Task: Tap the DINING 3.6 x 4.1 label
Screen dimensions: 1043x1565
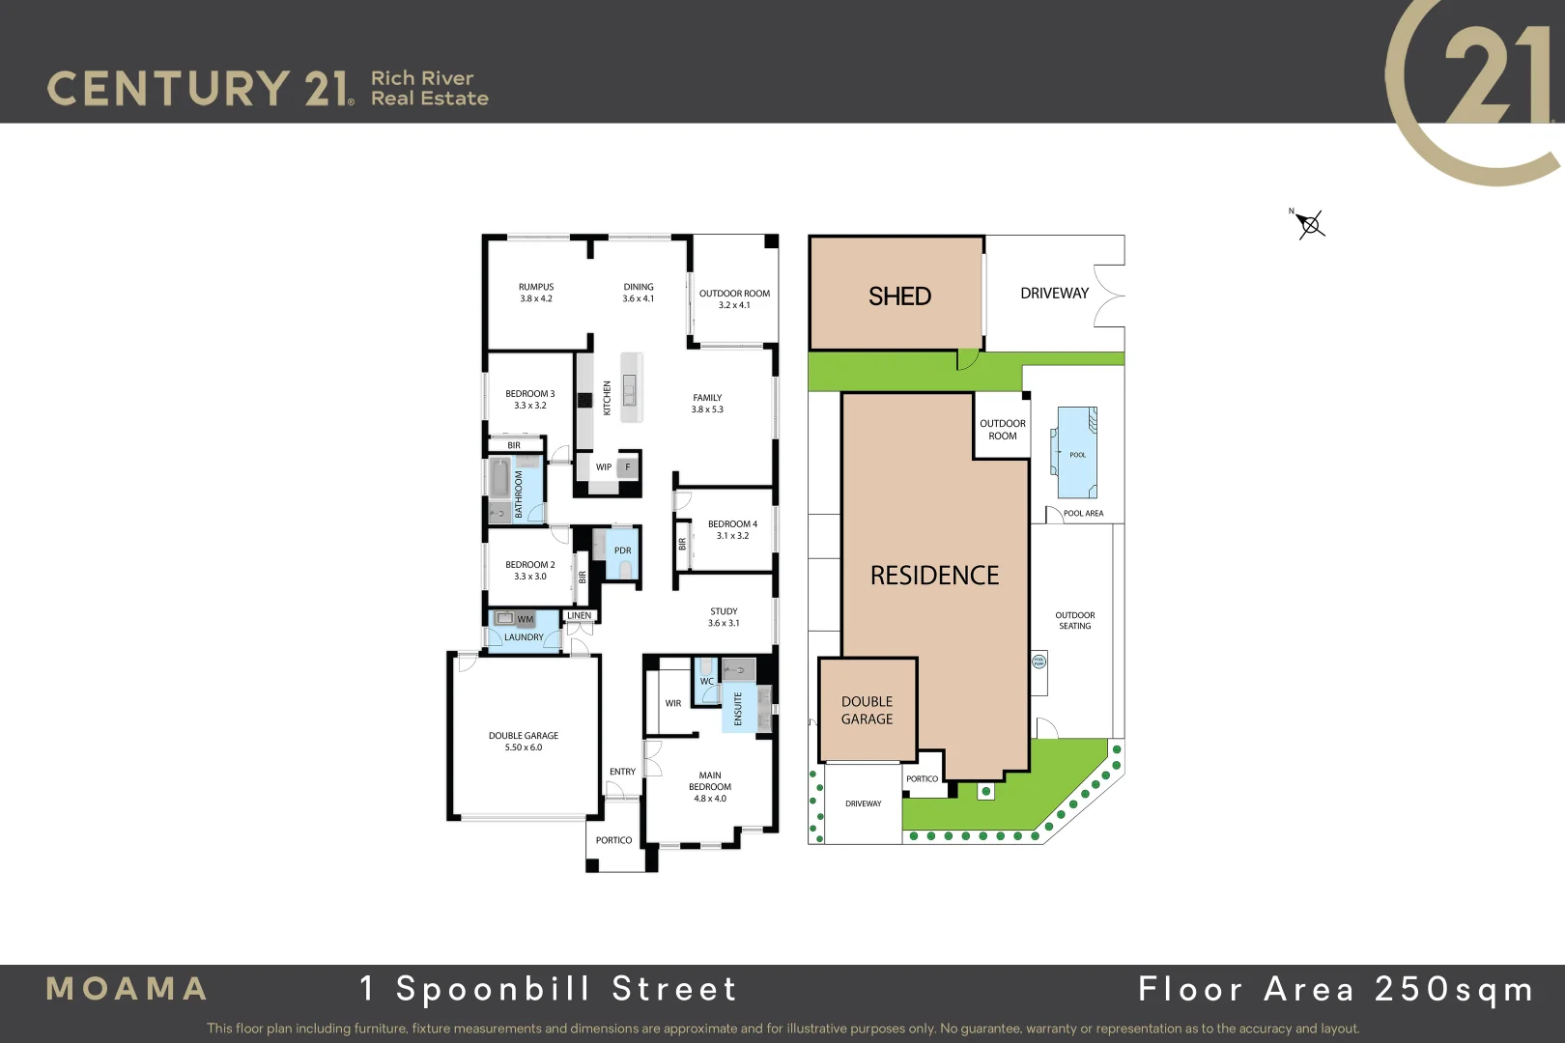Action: click(639, 293)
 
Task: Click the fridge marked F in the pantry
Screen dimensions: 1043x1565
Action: click(628, 467)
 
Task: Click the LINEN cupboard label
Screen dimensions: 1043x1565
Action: click(580, 615)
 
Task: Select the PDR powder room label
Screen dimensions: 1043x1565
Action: click(623, 550)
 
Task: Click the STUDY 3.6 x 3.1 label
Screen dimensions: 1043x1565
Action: click(724, 617)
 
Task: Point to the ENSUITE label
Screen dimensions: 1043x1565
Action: click(738, 708)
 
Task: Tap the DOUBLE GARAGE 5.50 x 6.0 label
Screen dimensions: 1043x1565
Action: click(524, 741)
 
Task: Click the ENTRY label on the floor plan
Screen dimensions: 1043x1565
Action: click(623, 772)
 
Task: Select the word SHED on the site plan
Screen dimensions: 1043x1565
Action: click(899, 296)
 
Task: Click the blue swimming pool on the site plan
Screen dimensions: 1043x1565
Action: click(1077, 452)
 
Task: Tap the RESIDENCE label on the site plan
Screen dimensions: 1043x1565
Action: click(934, 576)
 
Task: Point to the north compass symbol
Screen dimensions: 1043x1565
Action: click(1310, 225)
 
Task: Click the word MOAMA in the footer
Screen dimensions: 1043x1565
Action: click(127, 989)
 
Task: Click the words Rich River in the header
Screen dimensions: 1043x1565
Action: click(422, 78)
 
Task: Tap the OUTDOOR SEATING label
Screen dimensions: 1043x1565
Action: click(1075, 620)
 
